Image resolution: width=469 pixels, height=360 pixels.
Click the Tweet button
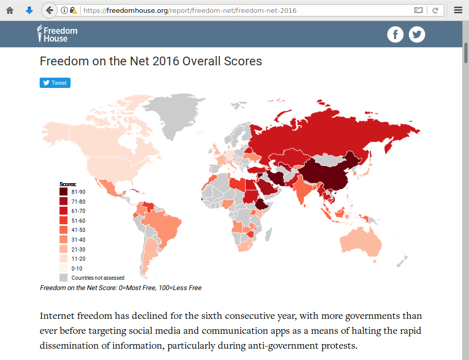click(55, 83)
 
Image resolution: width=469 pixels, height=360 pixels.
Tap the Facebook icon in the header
click(395, 34)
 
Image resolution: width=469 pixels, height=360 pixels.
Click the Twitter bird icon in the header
click(417, 34)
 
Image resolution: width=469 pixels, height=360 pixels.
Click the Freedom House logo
click(57, 34)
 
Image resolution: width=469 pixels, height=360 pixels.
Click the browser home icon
click(10, 10)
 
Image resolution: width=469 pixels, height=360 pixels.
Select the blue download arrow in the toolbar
click(29, 10)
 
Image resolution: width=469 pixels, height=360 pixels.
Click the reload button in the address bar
click(435, 10)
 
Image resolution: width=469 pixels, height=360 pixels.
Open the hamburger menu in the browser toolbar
click(458, 10)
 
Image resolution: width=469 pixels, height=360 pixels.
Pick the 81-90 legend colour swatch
click(63, 192)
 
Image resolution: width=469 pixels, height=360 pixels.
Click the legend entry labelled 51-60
click(78, 221)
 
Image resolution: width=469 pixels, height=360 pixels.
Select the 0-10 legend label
click(77, 268)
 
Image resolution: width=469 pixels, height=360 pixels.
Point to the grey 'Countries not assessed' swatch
click(63, 278)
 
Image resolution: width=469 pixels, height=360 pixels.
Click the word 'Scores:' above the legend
click(68, 184)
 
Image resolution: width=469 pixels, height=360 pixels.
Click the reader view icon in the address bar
click(419, 10)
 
